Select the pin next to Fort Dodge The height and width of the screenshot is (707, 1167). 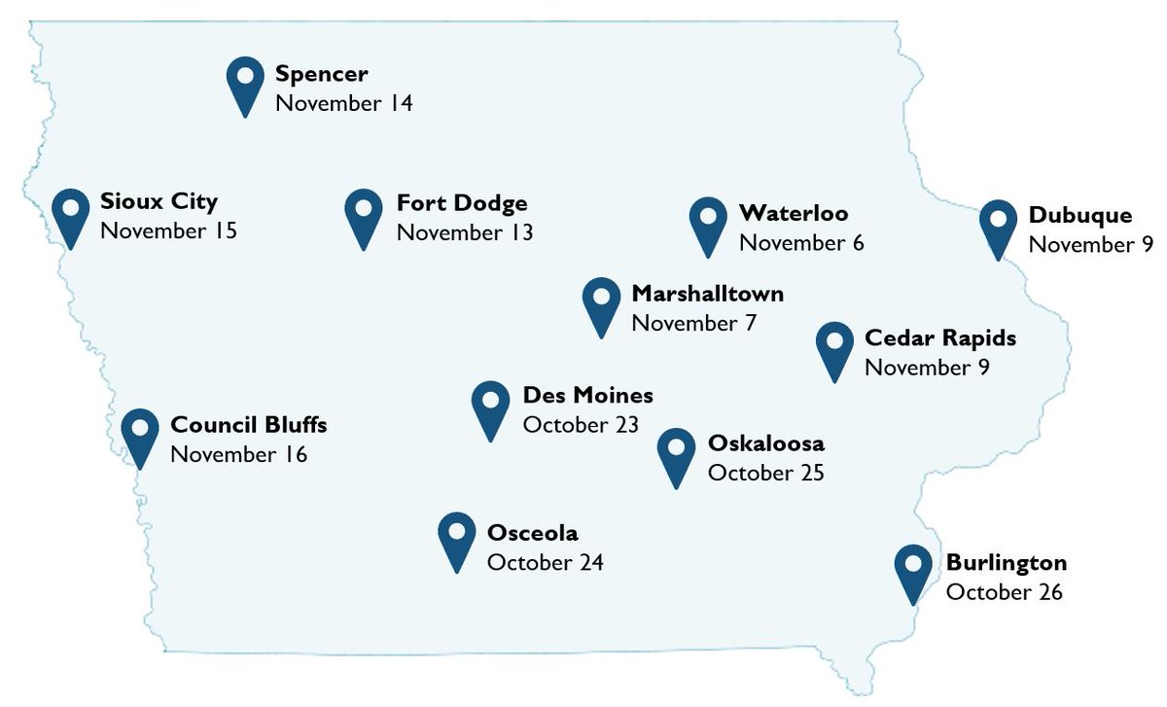click(363, 214)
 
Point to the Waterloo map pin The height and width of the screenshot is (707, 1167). click(708, 222)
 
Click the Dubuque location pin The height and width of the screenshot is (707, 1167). click(998, 225)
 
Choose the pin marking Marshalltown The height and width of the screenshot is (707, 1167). click(601, 301)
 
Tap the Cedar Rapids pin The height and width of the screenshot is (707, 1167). click(834, 346)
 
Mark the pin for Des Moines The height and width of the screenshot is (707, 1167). click(490, 406)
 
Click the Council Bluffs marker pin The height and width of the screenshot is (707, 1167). click(140, 433)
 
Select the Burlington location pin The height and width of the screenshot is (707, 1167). click(913, 569)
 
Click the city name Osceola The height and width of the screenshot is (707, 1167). click(532, 533)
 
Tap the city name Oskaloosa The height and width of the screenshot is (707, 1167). click(765, 443)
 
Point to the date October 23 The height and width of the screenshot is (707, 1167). click(581, 425)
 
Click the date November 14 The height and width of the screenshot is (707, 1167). click(343, 103)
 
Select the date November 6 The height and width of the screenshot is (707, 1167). click(801, 243)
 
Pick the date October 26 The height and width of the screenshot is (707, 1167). click(1004, 592)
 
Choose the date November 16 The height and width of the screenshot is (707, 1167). click(238, 454)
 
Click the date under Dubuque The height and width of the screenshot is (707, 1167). click(1090, 244)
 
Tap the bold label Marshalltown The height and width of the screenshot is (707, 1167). click(707, 294)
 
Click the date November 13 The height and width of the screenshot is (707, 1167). click(464, 232)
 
